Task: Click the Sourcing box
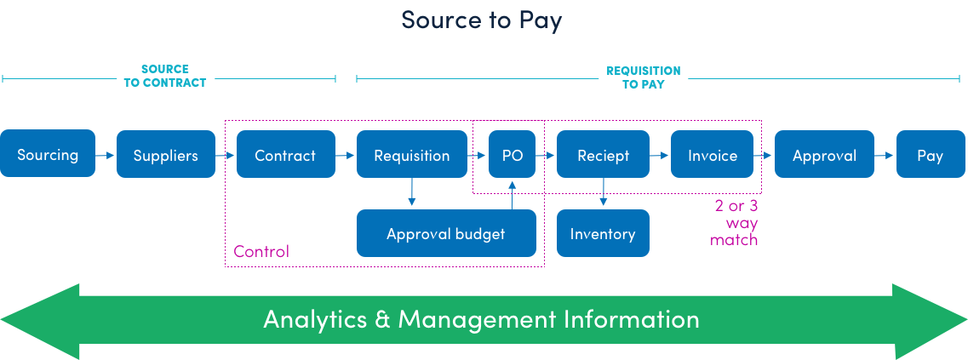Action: [48, 154]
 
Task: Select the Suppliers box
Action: [165, 155]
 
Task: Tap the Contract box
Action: [284, 155]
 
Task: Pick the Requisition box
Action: [411, 155]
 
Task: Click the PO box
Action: [512, 155]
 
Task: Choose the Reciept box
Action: [603, 155]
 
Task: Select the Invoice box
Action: [712, 155]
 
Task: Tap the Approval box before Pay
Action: [824, 155]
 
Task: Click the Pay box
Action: [930, 155]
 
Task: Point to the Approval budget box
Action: [445, 233]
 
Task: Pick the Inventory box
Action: [602, 233]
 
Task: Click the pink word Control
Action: [261, 251]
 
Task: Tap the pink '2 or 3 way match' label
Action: [736, 223]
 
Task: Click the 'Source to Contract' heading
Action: [164, 76]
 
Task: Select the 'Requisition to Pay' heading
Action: [643, 77]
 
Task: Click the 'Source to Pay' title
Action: [481, 20]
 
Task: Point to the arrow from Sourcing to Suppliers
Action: [105, 156]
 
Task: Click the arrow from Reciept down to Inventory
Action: [603, 191]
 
